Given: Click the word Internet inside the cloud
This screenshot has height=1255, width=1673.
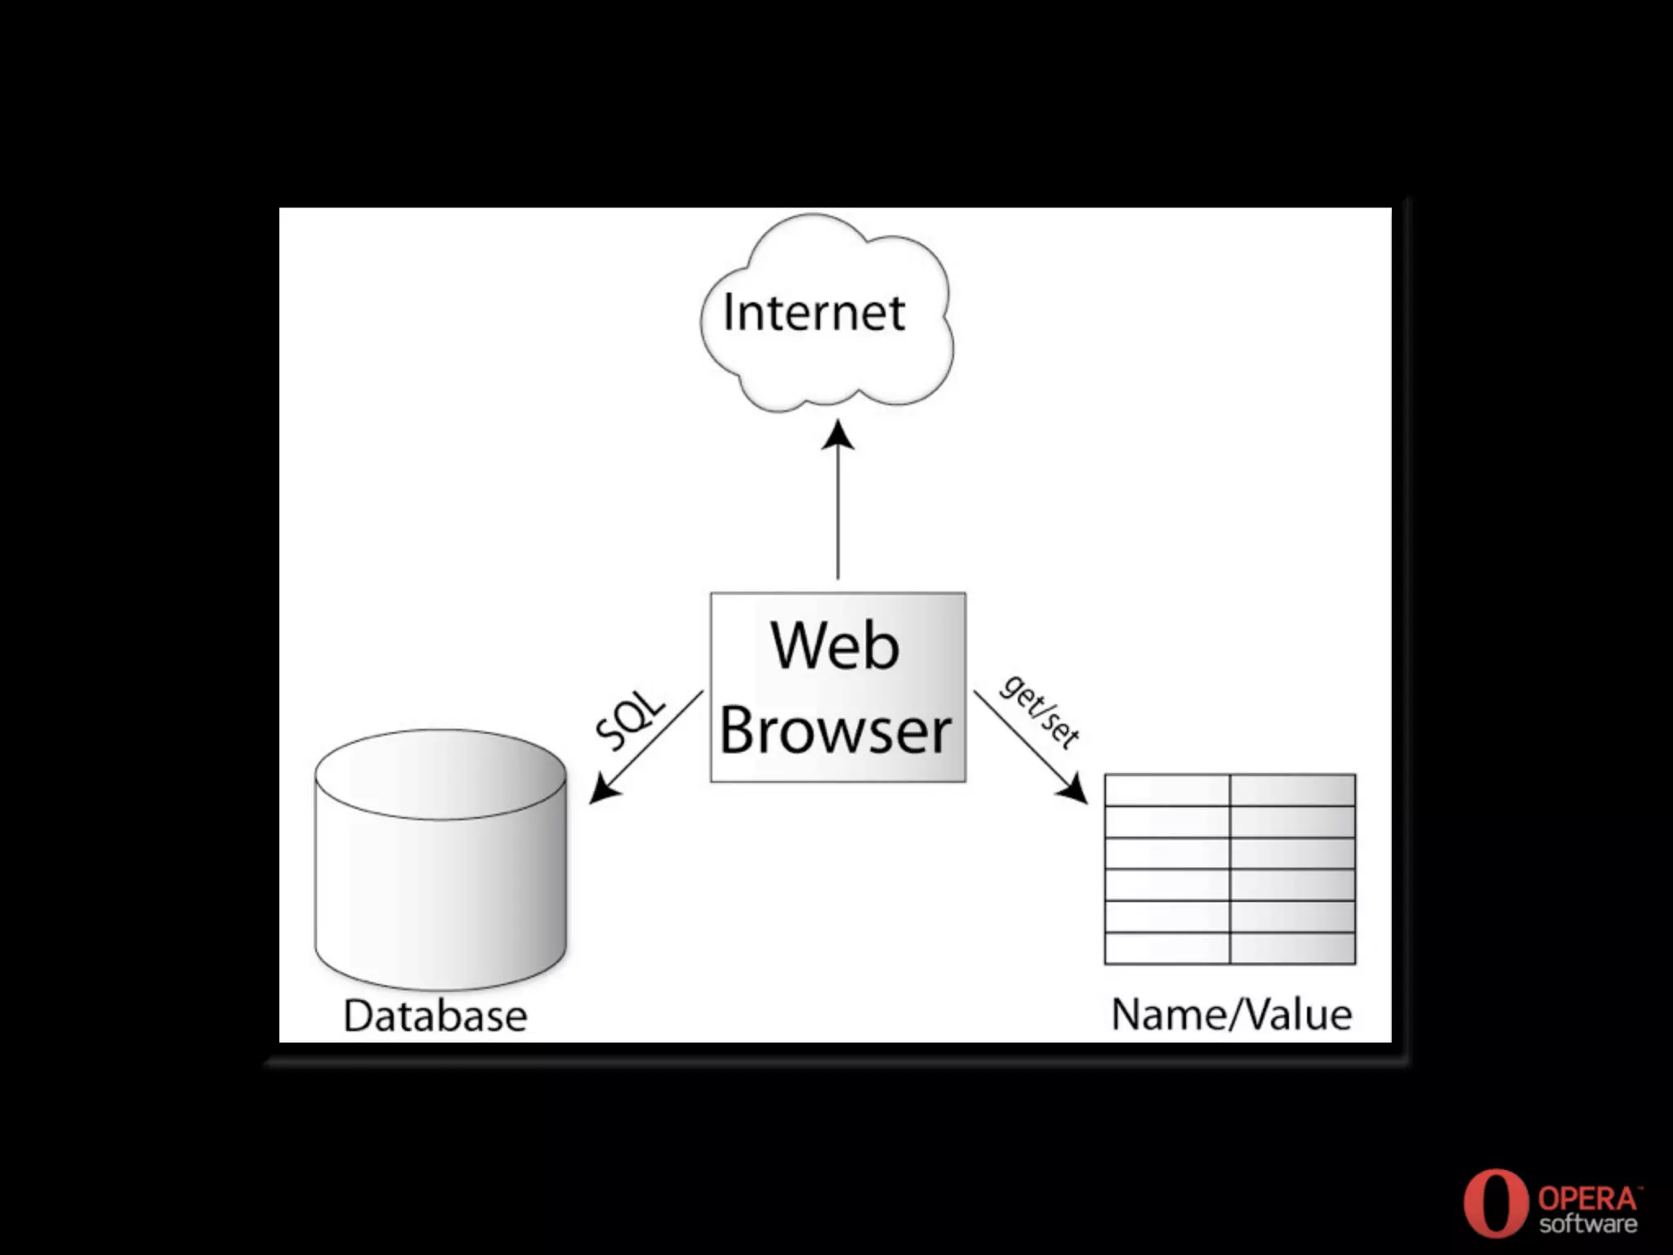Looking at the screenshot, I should [x=814, y=312].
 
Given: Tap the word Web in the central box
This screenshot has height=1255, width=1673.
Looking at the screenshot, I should [x=835, y=645].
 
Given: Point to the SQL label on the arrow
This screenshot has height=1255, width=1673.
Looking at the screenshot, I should [x=629, y=720].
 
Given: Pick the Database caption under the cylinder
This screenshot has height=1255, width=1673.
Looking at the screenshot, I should [x=435, y=1016].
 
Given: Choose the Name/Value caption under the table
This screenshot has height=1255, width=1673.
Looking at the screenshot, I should [x=1232, y=1014].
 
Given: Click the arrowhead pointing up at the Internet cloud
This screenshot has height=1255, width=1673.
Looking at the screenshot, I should [x=838, y=435].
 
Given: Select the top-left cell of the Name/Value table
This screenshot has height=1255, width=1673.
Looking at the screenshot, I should [x=1167, y=790].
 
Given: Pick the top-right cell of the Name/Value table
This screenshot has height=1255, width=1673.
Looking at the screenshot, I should [x=1292, y=790].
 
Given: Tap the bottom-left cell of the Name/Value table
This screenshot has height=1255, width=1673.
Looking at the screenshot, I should [x=1167, y=948].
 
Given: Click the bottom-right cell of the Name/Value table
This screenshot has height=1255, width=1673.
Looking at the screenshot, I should [x=1292, y=948].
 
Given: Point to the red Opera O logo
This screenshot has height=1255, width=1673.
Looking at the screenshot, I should [x=1495, y=1204].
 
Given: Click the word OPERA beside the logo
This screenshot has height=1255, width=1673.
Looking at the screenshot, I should [x=1588, y=1199].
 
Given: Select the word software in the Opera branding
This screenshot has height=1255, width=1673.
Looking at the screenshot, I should [x=1588, y=1224].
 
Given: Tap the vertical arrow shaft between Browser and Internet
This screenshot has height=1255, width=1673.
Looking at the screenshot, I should [x=838, y=515].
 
